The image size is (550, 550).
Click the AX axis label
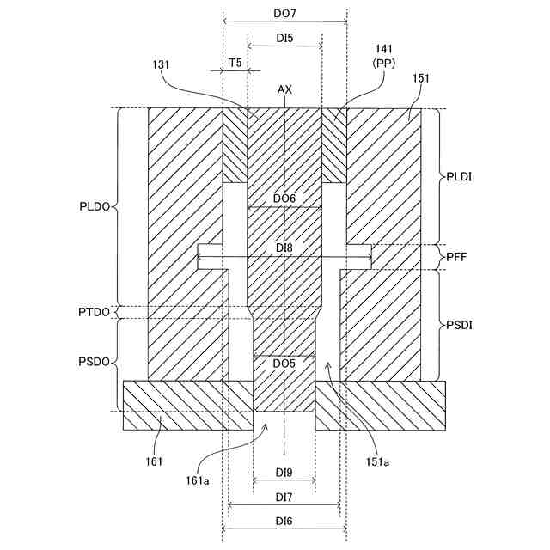pyautogui.click(x=284, y=89)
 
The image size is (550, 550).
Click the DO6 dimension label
pyautogui.click(x=284, y=199)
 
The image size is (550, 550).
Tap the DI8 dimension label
pyautogui.click(x=284, y=247)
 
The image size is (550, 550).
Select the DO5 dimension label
pyautogui.click(x=284, y=364)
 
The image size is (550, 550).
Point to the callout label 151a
pyautogui.click(x=381, y=463)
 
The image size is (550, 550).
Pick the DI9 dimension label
pyautogui.click(x=284, y=472)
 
